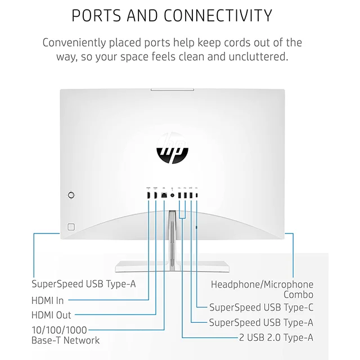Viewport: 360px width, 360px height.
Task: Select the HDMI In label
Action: point(47,300)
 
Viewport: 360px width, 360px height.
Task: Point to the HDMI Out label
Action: point(51,316)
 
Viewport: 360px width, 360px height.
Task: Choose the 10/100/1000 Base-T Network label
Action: point(65,335)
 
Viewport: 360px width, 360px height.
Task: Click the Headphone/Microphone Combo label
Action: point(262,289)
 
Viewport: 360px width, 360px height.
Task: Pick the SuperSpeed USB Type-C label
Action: point(261,307)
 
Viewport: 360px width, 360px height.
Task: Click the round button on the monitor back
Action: point(71,195)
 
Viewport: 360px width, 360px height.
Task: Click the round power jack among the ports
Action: point(172,195)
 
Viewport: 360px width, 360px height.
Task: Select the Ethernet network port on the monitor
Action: point(163,195)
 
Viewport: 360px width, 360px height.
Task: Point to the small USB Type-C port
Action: point(197,195)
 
